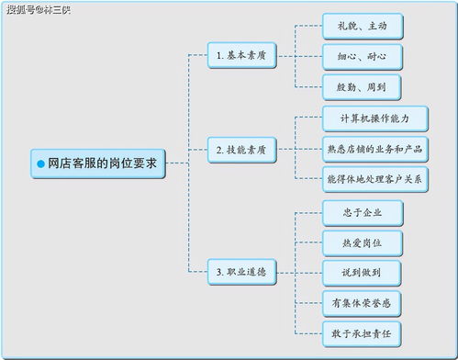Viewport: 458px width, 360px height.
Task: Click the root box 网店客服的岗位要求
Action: pyautogui.click(x=96, y=163)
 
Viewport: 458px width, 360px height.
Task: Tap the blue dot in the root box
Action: pyautogui.click(x=40, y=163)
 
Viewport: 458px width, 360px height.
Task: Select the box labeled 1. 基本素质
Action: pyautogui.click(x=241, y=55)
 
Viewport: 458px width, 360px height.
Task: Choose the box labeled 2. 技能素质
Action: pyautogui.click(x=241, y=148)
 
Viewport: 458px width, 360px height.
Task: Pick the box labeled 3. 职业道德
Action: pyautogui.click(x=241, y=273)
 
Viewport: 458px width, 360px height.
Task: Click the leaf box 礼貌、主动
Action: pyautogui.click(x=362, y=27)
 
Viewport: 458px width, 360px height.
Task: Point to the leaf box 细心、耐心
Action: pyautogui.click(x=362, y=56)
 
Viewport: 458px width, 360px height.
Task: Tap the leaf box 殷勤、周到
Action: pyautogui.click(x=362, y=87)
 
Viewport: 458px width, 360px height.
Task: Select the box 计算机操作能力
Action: pyautogui.click(x=374, y=118)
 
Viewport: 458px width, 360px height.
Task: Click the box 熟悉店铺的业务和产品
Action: pyautogui.click(x=374, y=148)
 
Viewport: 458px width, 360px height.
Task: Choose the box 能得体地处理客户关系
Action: pyautogui.click(x=374, y=178)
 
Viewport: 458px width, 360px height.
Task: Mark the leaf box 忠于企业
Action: pyautogui.click(x=362, y=213)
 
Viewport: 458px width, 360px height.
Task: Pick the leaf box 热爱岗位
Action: pyautogui.click(x=362, y=242)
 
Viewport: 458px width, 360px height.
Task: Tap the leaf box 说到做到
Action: pyautogui.click(x=362, y=272)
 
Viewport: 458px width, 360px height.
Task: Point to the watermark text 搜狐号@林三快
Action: pyautogui.click(x=38, y=9)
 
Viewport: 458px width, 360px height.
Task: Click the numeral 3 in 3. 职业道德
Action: pyautogui.click(x=218, y=273)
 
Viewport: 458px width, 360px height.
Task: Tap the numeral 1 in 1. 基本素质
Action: pyautogui.click(x=218, y=55)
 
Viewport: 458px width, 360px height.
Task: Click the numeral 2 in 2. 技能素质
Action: pyautogui.click(x=218, y=148)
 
